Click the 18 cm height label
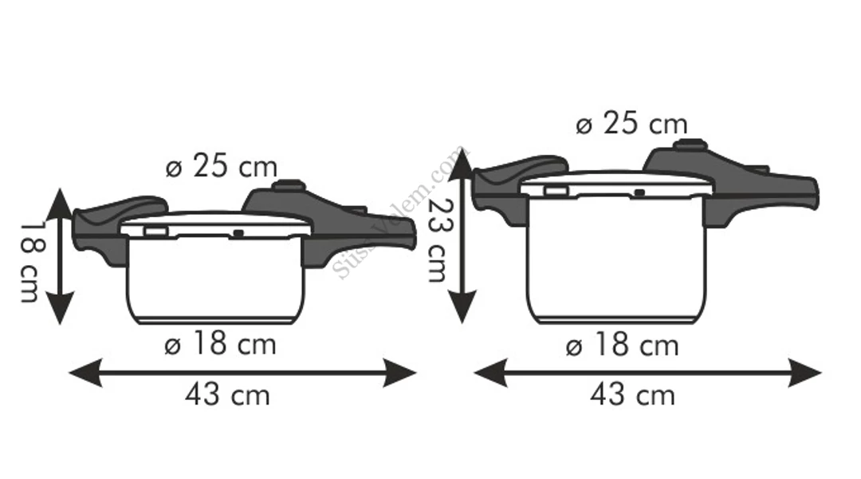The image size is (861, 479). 29,262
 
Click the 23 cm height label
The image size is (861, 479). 437,239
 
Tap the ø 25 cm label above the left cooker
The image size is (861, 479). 222,166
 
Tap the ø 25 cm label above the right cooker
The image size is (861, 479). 631,124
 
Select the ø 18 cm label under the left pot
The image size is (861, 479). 220,344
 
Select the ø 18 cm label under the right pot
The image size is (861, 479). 622,346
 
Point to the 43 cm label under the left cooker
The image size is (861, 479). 227,395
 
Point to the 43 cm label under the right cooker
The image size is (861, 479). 632,395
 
